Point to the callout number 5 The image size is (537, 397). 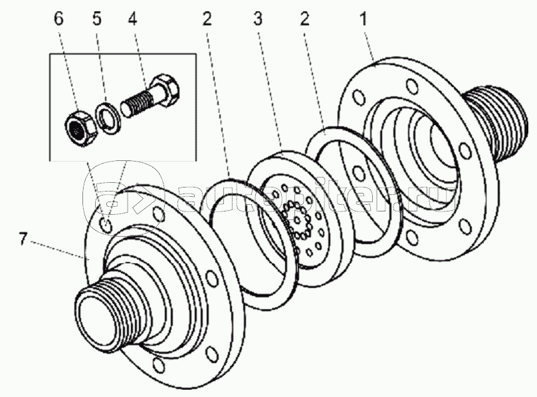coord(97,19)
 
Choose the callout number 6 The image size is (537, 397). coord(59,19)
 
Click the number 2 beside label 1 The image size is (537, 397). coord(304,19)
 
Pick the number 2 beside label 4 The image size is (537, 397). coord(207,19)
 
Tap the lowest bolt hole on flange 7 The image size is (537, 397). coord(158,366)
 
